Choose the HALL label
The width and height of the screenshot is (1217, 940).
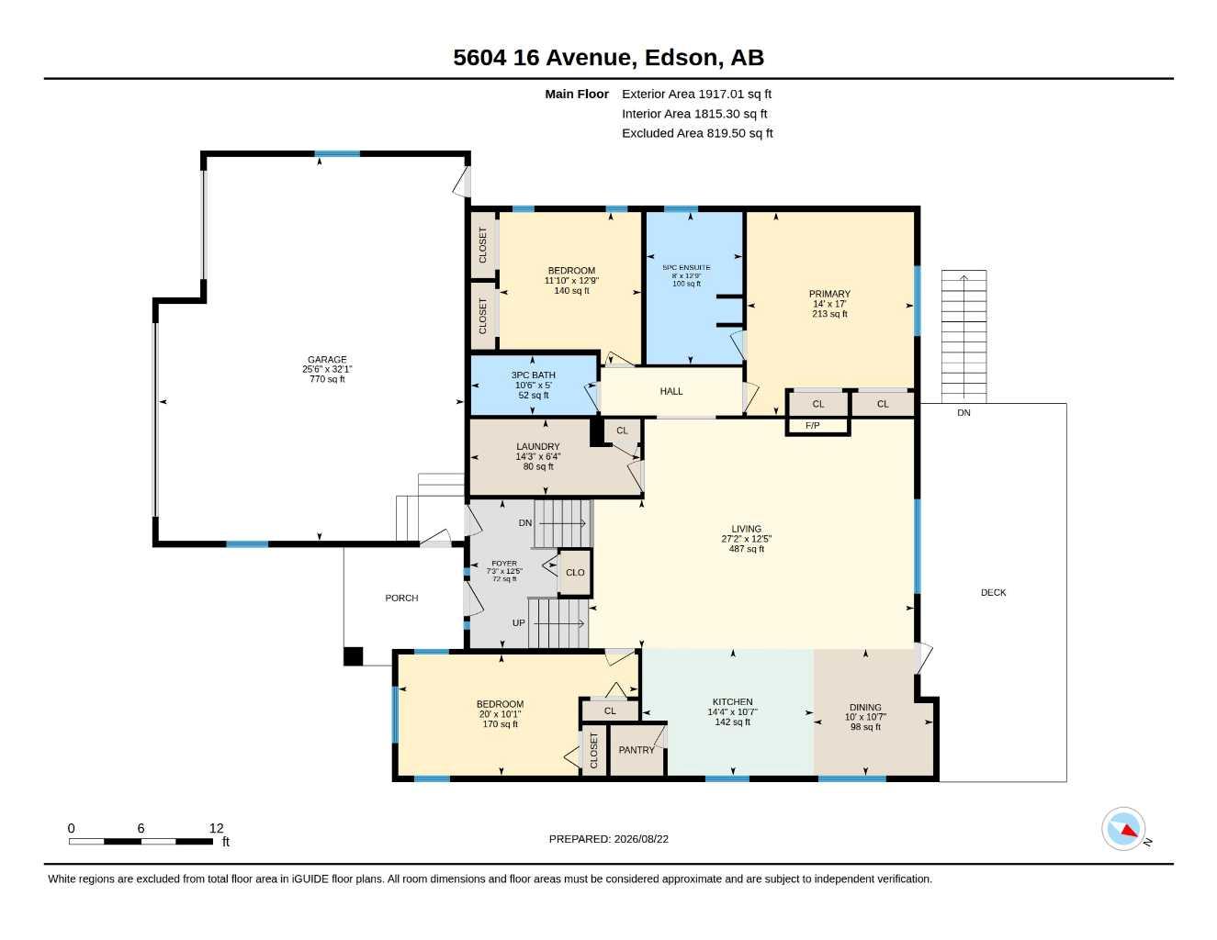click(x=670, y=391)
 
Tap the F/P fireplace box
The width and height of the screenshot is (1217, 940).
click(x=817, y=426)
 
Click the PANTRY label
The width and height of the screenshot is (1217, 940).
click(x=637, y=750)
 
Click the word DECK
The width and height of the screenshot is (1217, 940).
click(x=993, y=592)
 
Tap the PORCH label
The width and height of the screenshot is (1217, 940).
click(x=401, y=599)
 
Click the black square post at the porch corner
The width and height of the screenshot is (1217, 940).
click(x=353, y=656)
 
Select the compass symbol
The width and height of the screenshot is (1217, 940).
click(x=1123, y=829)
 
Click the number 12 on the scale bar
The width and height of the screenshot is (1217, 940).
click(x=216, y=828)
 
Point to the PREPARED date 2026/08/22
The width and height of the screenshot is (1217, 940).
click(x=641, y=839)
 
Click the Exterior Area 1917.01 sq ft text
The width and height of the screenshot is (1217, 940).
click(x=696, y=94)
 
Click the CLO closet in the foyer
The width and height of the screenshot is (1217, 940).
click(x=575, y=573)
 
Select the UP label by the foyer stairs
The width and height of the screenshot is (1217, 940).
click(x=518, y=622)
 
